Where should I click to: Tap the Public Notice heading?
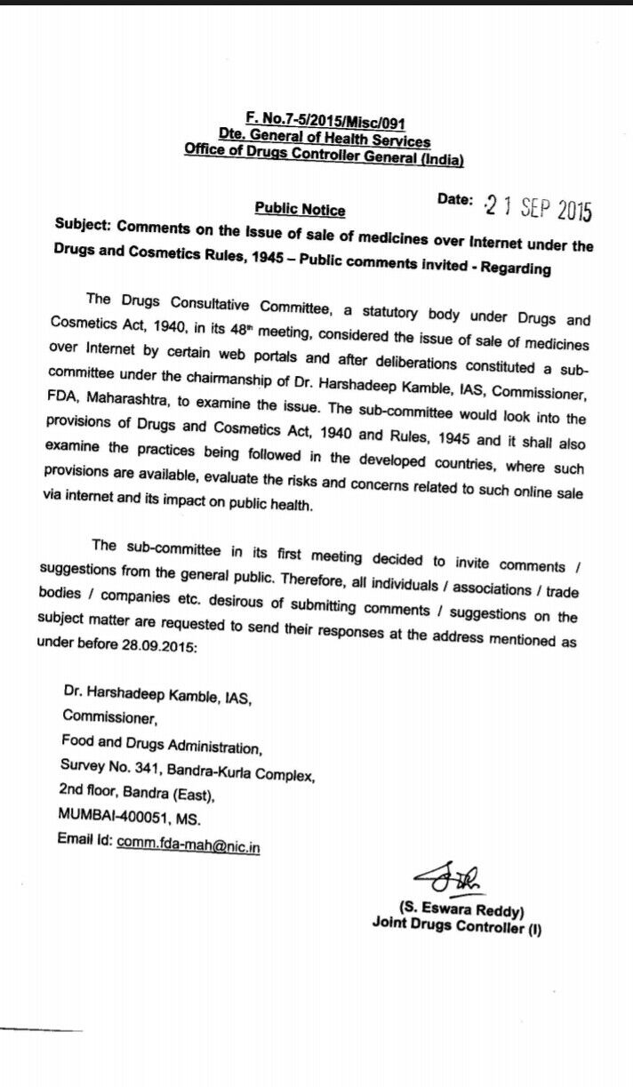coord(300,210)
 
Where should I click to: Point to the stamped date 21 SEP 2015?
coord(536,210)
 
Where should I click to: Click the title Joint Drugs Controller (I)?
coord(456,926)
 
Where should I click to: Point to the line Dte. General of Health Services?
coord(325,140)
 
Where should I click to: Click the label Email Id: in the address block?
coord(84,840)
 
